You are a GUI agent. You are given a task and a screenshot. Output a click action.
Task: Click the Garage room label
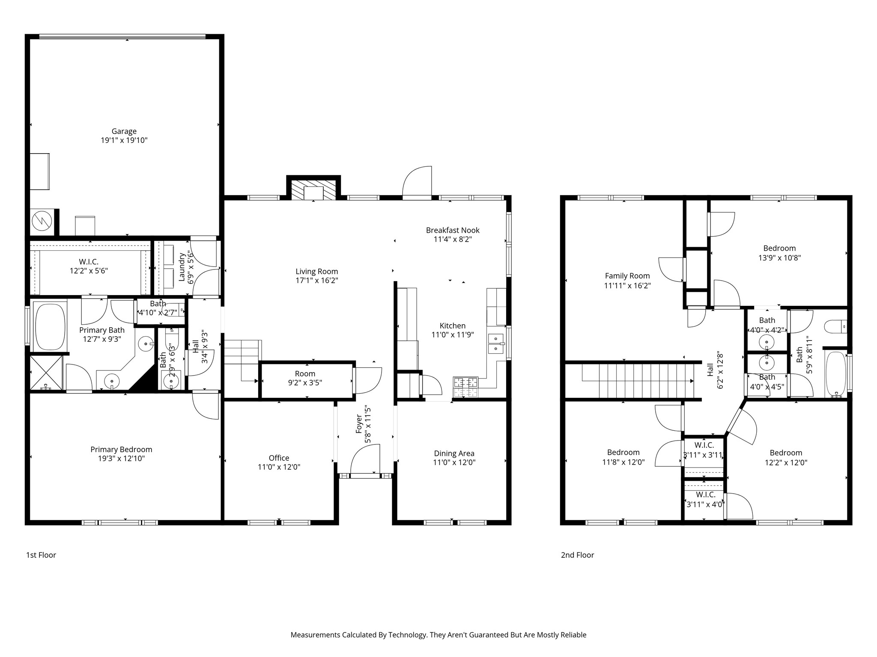point(124,131)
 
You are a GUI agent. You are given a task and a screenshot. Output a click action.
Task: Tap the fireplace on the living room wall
point(313,189)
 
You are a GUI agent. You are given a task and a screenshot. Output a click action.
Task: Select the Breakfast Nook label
point(453,230)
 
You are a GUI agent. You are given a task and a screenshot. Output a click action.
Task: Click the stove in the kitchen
point(465,387)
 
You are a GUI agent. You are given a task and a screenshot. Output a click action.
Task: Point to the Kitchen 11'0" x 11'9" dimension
point(453,335)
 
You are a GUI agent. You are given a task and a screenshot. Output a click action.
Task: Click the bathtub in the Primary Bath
point(51,326)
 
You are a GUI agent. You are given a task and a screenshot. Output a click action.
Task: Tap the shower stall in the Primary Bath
point(46,373)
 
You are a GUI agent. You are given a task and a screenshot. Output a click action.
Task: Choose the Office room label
point(279,458)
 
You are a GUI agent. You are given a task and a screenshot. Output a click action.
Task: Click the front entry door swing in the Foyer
point(365,459)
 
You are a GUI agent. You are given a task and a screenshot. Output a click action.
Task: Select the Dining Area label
point(454,453)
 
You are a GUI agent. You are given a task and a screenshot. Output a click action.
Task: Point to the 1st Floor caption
point(41,555)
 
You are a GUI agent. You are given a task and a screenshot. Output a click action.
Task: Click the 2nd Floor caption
point(578,555)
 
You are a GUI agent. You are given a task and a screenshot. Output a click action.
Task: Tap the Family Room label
point(627,276)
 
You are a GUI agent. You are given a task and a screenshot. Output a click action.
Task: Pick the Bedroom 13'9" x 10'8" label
point(779,253)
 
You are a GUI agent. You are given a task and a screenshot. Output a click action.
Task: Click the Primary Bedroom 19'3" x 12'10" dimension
point(121,459)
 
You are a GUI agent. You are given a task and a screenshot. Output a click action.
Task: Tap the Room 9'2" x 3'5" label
point(305,378)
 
